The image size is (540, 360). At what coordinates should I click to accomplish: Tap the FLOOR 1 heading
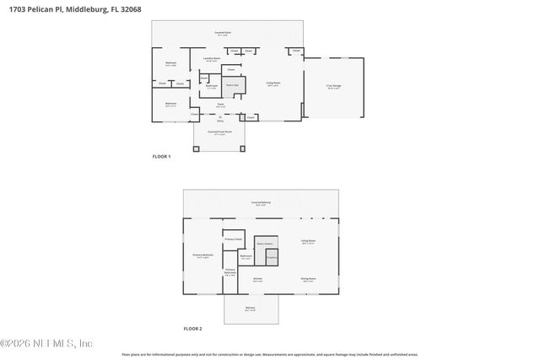coord(161,157)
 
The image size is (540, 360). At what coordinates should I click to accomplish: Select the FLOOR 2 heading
coord(193,328)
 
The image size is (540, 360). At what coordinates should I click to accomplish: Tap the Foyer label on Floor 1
coord(219,105)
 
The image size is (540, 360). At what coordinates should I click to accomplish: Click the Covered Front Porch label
coord(220,132)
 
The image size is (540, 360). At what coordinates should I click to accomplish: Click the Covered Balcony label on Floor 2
coord(261,203)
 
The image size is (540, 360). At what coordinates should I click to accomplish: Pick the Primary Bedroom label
coord(202,255)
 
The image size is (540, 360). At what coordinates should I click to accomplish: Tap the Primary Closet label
coord(234,239)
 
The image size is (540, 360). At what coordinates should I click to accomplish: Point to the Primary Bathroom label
coord(230,271)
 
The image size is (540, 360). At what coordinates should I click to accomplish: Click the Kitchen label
coord(258,279)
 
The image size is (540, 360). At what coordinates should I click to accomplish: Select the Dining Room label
coord(309,278)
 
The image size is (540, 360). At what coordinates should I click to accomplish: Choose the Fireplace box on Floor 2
coord(272,258)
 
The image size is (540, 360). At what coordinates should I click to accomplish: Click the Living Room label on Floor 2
coord(309,241)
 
